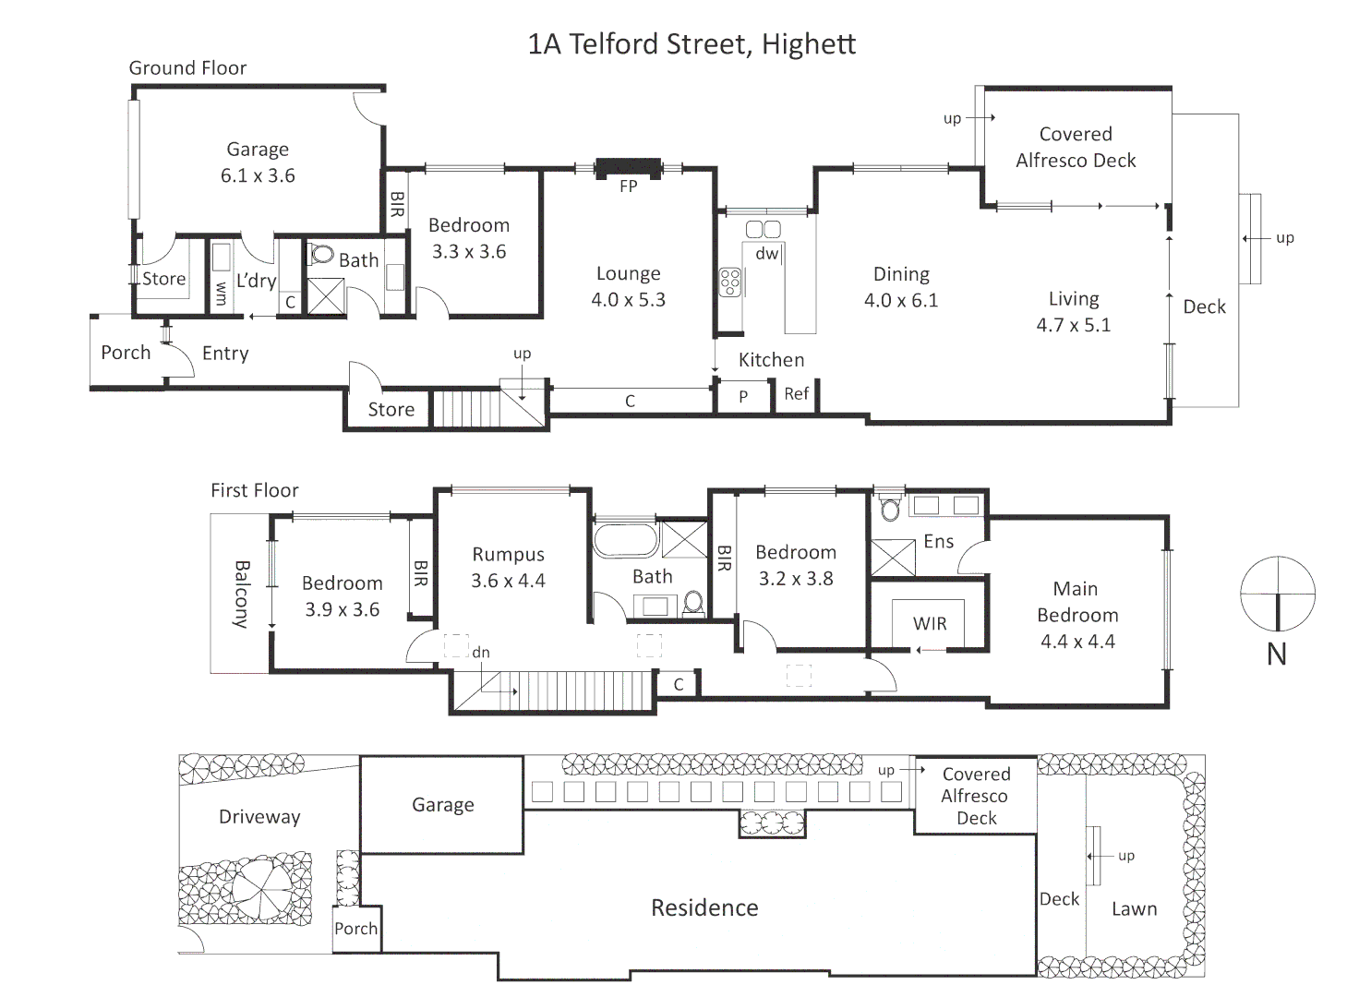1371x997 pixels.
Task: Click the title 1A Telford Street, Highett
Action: click(691, 44)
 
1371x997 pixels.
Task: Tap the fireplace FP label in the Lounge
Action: click(628, 186)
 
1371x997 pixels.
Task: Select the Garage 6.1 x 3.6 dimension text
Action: click(258, 175)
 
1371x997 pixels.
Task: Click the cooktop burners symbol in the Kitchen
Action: click(730, 282)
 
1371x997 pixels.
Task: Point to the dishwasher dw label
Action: click(767, 253)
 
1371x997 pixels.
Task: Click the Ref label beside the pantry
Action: click(796, 394)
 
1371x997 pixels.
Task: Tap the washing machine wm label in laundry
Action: click(221, 294)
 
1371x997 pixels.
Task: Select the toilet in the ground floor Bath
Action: click(321, 254)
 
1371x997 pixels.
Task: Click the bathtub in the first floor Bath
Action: click(625, 541)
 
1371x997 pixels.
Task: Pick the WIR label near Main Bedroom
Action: click(930, 624)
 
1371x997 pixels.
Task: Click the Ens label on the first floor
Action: click(938, 542)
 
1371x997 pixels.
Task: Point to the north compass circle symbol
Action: click(1277, 594)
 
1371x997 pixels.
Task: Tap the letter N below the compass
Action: click(1276, 655)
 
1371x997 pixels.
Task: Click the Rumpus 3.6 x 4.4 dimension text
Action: click(508, 581)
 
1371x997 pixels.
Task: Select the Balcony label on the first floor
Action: click(242, 595)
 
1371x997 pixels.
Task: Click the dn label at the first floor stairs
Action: click(481, 653)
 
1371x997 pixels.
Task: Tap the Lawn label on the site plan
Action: click(1134, 909)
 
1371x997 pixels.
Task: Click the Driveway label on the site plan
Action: click(259, 817)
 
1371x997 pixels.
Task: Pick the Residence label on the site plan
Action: click(704, 908)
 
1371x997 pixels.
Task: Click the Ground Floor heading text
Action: click(187, 68)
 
